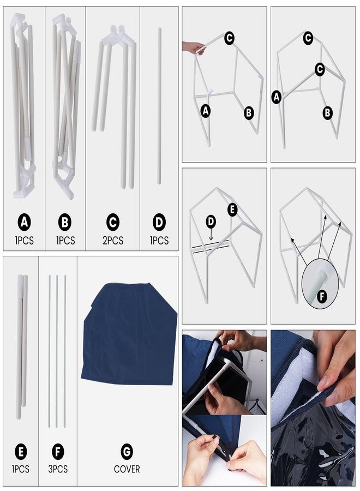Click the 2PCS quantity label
tap(113, 241)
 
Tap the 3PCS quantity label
tap(58, 469)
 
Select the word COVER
tap(127, 469)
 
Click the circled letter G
tap(127, 452)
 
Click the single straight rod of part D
tap(159, 106)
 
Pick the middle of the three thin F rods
tap(57, 351)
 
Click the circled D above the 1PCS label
tap(159, 223)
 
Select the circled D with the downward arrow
tap(211, 221)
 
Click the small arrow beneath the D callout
tap(211, 234)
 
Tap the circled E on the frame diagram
tap(232, 209)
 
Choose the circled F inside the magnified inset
tap(322, 296)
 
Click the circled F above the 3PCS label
tap(58, 452)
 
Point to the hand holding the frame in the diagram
tap(194, 47)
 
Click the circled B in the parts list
tap(65, 223)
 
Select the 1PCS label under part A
tap(24, 241)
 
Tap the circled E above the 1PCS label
tap(21, 452)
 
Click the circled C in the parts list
tap(113, 223)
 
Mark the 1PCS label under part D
tap(159, 241)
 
